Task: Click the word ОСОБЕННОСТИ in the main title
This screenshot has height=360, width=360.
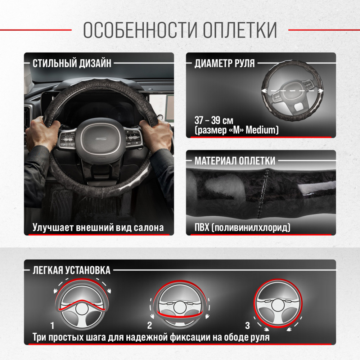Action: pyautogui.click(x=140, y=30)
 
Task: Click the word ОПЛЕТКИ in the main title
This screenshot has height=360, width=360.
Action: pyautogui.click(x=240, y=30)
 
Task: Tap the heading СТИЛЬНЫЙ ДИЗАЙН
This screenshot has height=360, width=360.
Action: pyautogui.click(x=72, y=63)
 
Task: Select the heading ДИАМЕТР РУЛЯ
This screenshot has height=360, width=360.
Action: pyautogui.click(x=225, y=63)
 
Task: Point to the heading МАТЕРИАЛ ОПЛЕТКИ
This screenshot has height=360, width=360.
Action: pyautogui.click(x=235, y=161)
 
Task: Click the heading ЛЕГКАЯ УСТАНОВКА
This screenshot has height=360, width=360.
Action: pyautogui.click(x=71, y=270)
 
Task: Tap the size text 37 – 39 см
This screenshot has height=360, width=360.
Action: pyautogui.click(x=214, y=120)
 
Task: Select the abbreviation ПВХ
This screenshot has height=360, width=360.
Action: pyautogui.click(x=202, y=228)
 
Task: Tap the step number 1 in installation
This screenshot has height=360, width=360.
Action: pyautogui.click(x=52, y=325)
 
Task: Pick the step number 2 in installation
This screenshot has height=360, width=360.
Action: pyautogui.click(x=149, y=325)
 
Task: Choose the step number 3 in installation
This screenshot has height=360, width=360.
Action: pyautogui.click(x=247, y=325)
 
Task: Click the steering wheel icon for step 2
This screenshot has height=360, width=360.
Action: pyautogui.click(x=180, y=304)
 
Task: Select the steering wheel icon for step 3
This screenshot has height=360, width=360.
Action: pyautogui.click(x=278, y=303)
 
